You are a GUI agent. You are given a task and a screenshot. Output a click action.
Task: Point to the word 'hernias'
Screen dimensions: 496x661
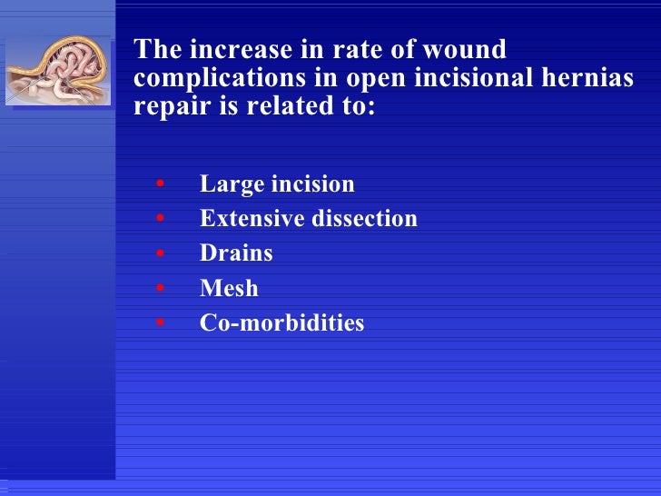(586, 78)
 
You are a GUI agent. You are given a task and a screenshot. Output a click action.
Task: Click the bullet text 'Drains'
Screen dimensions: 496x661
(236, 253)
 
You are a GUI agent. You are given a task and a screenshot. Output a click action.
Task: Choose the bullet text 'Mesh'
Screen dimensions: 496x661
(229, 289)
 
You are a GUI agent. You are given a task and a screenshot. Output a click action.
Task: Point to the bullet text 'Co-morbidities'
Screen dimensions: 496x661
(281, 322)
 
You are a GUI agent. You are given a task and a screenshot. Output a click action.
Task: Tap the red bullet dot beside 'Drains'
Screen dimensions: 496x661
(160, 254)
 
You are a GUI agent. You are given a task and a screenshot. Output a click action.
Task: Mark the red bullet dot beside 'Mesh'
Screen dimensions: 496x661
(160, 290)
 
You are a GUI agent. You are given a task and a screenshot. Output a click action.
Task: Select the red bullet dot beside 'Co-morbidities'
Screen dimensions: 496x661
(160, 323)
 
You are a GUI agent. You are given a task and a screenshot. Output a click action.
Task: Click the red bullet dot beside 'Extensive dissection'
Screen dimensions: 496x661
(160, 220)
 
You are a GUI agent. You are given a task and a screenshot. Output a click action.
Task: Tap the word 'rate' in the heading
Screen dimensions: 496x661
(354, 50)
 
